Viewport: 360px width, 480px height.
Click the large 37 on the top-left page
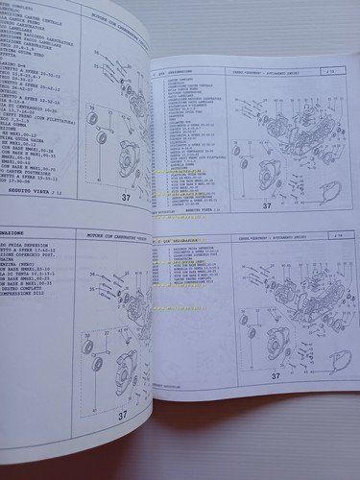(126, 198)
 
